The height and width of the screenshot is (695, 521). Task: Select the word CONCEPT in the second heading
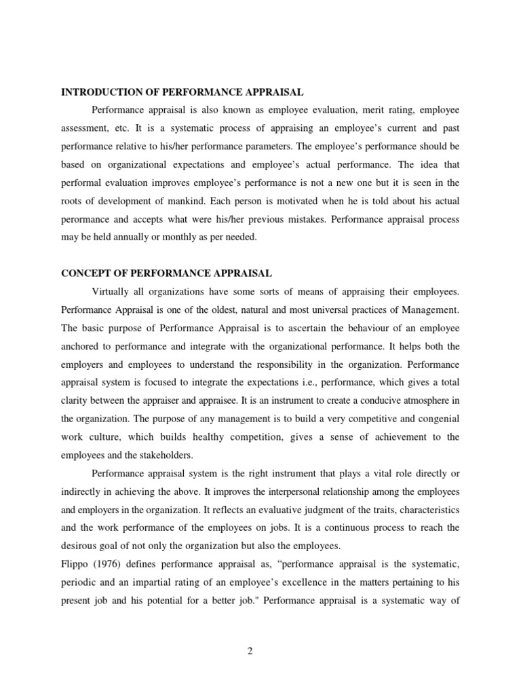point(84,274)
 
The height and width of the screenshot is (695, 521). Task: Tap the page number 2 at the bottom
point(250,652)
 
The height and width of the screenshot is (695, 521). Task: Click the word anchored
point(81,347)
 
